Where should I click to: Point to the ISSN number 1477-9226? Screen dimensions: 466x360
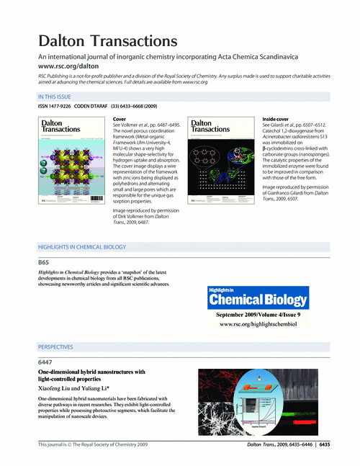63,107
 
